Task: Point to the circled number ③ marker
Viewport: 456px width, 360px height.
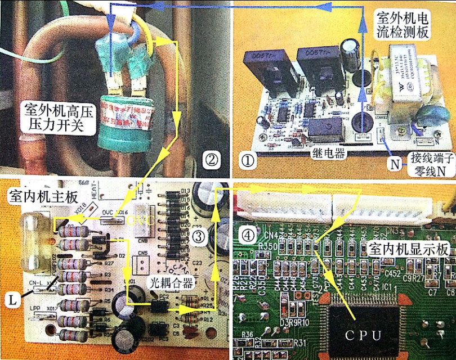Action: (x=198, y=237)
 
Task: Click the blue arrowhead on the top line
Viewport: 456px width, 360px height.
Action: (x=323, y=7)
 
